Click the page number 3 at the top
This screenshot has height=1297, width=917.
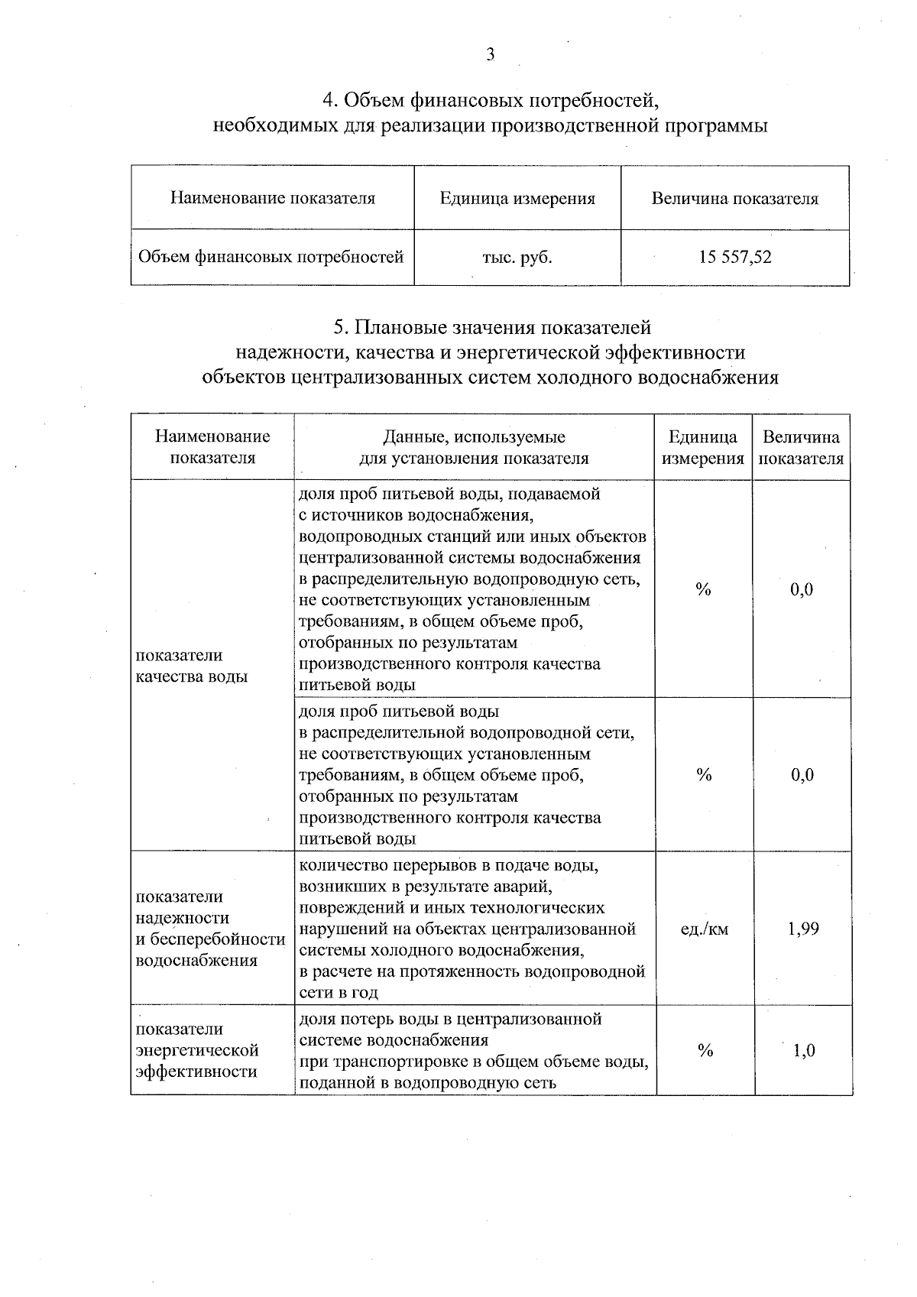tap(490, 54)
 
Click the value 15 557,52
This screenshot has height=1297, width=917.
tap(734, 258)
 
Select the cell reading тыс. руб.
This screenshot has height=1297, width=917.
tap(517, 258)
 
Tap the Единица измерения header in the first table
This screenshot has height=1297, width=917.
tap(517, 199)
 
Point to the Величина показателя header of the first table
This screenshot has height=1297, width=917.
tap(734, 199)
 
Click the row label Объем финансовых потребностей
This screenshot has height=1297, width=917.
tap(271, 258)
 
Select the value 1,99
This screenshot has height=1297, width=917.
tap(802, 929)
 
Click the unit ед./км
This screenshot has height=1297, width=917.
tap(704, 929)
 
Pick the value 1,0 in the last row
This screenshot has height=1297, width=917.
tap(803, 1051)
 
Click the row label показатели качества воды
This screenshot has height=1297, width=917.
tap(191, 666)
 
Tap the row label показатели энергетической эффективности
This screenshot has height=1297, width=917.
tap(197, 1050)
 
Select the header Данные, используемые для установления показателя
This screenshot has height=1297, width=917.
tap(474, 448)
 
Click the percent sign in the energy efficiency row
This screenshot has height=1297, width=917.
tap(704, 1051)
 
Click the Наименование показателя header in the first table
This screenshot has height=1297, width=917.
tap(272, 199)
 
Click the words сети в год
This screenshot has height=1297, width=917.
tap(338, 993)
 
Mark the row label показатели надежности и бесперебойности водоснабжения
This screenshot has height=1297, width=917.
tap(209, 929)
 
